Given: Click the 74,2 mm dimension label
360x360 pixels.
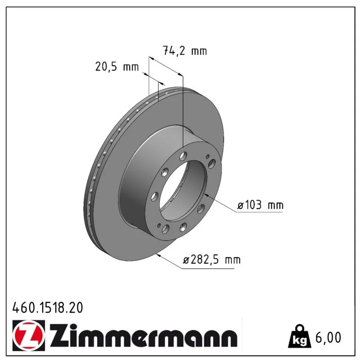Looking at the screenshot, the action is pyautogui.click(x=185, y=50).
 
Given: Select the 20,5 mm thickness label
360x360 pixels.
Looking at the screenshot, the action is pyautogui.click(x=117, y=67).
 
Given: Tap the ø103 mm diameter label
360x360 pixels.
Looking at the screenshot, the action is pyautogui.click(x=261, y=205).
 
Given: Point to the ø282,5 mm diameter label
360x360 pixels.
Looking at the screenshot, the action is pyautogui.click(x=211, y=260).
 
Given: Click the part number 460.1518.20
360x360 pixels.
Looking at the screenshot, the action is pyautogui.click(x=48, y=308).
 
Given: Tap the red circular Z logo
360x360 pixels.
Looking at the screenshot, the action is pyautogui.click(x=28, y=335).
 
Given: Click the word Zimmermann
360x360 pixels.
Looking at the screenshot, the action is pyautogui.click(x=143, y=335).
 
